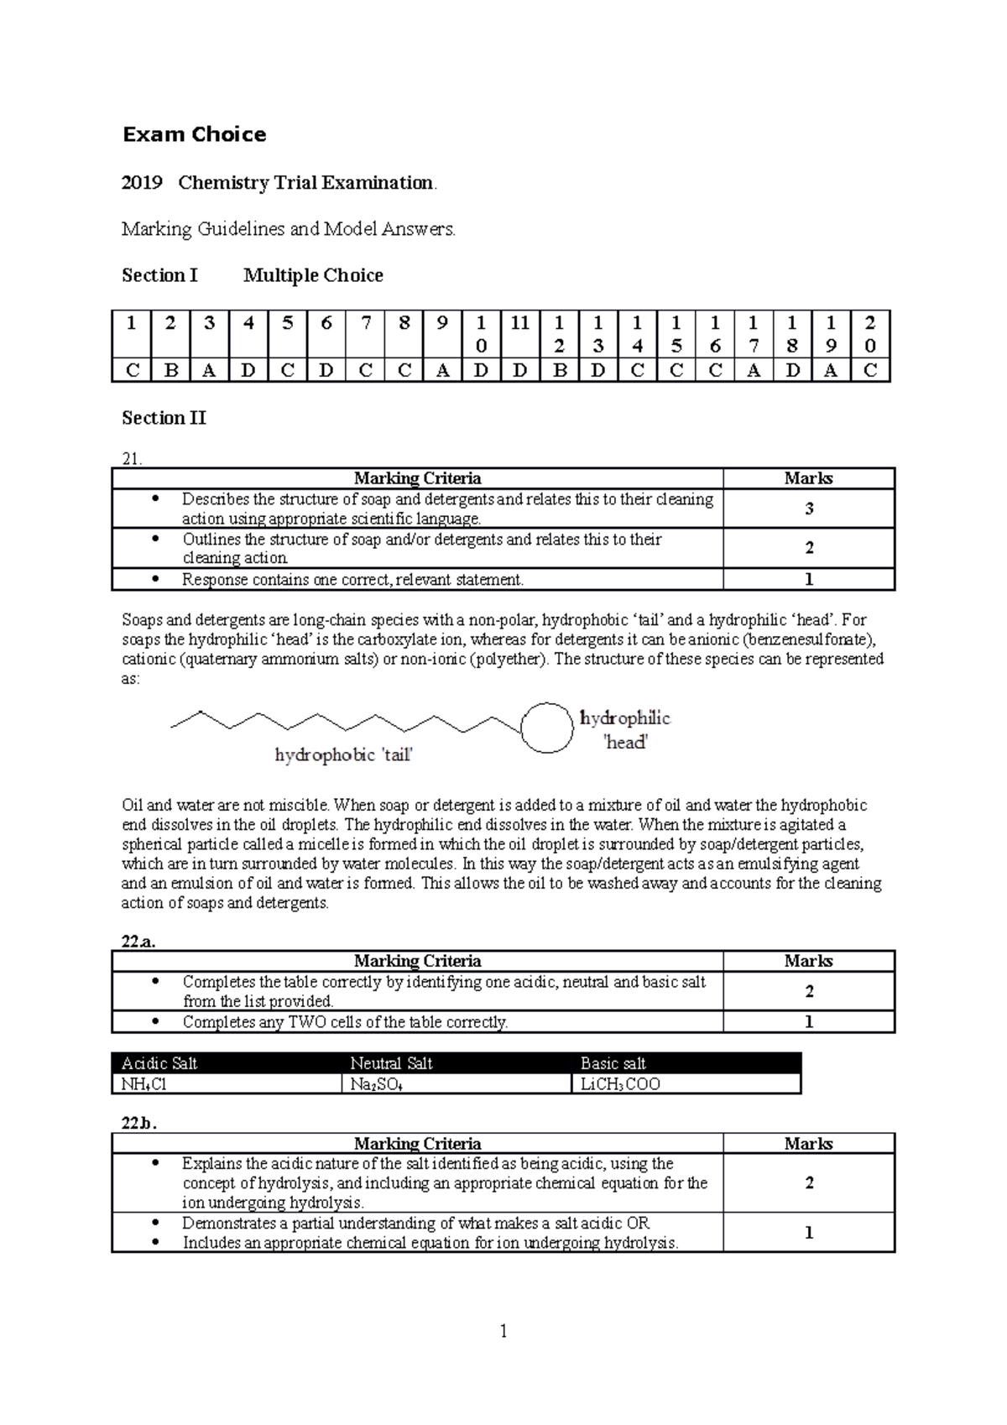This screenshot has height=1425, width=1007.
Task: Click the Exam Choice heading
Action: click(194, 135)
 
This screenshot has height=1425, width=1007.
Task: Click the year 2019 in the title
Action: click(141, 183)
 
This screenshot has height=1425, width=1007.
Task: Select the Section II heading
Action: click(164, 418)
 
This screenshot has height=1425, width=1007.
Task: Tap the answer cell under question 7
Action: click(365, 370)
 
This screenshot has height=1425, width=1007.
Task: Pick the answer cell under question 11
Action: click(519, 370)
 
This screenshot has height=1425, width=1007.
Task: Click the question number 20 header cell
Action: click(869, 333)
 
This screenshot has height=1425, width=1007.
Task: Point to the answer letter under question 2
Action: click(170, 370)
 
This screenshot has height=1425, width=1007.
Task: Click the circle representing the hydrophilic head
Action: click(547, 727)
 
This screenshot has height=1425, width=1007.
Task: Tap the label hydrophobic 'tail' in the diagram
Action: click(343, 755)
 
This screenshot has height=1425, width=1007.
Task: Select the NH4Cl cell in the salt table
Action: click(144, 1084)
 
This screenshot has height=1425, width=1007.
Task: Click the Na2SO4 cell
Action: click(376, 1084)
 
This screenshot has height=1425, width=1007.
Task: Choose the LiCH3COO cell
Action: click(620, 1084)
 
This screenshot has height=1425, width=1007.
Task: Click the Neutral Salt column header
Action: click(391, 1063)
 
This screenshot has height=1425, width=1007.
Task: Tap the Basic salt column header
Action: click(613, 1063)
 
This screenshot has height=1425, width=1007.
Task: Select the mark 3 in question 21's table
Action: click(809, 509)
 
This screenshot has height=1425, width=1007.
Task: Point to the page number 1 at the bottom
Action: click(503, 1331)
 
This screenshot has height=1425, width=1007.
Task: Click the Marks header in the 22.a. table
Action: click(808, 961)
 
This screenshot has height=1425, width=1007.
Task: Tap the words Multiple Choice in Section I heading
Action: click(313, 275)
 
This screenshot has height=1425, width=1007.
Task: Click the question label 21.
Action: click(132, 458)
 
